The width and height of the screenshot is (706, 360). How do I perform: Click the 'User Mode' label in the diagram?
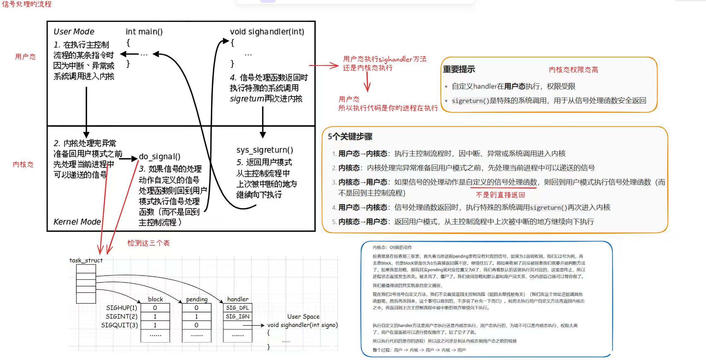[x=74, y=32]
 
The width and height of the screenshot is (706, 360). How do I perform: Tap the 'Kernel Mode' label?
[x=77, y=222]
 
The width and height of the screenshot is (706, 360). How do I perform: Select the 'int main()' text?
[x=144, y=32]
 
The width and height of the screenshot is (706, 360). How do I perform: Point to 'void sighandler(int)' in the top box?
[x=267, y=32]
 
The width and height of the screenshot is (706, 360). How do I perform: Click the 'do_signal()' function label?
[x=160, y=157]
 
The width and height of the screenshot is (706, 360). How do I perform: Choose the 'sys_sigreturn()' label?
[x=264, y=150]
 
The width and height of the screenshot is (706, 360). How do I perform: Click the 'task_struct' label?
[x=86, y=260]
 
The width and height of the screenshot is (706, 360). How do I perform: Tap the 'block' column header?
[x=155, y=299]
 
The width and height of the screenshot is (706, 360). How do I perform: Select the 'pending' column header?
[x=197, y=299]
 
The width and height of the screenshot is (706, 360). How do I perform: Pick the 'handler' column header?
[x=238, y=299]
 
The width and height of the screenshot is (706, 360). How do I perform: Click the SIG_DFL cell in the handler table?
[x=238, y=308]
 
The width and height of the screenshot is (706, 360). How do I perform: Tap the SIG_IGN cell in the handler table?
[x=238, y=316]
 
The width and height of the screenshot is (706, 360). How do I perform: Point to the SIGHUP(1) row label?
[x=121, y=308]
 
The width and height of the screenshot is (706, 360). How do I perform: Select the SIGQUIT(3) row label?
[x=119, y=325]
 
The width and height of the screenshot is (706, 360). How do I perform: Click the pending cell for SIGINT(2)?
[x=196, y=316]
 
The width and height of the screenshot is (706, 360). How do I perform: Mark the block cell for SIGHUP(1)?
[x=155, y=308]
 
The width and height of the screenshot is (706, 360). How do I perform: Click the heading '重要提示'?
[x=459, y=69]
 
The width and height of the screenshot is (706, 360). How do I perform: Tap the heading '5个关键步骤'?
[x=350, y=137]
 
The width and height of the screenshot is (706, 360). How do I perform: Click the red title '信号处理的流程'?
[x=27, y=4]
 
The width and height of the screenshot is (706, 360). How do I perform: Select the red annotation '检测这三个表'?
[x=149, y=243]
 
